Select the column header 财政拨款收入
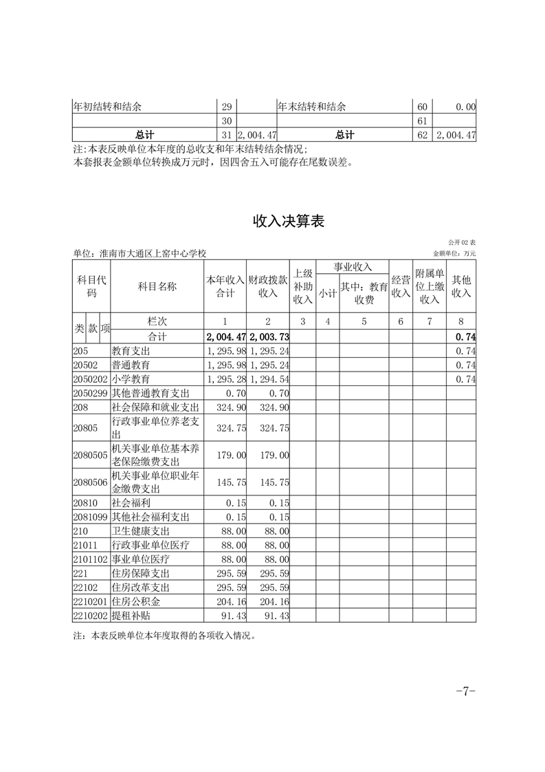coord(267,286)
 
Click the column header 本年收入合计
coord(225,286)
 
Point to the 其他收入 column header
coord(461,286)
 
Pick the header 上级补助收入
coord(302,286)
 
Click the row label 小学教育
coord(131,379)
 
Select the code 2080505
coord(90,455)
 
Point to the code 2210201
coord(90,601)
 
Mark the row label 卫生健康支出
coord(140,530)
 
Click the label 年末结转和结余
coord(311,107)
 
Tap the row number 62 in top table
coord(423,135)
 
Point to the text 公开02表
coord(462,243)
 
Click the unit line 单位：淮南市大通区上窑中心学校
coord(140,254)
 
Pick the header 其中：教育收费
coord(364,293)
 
